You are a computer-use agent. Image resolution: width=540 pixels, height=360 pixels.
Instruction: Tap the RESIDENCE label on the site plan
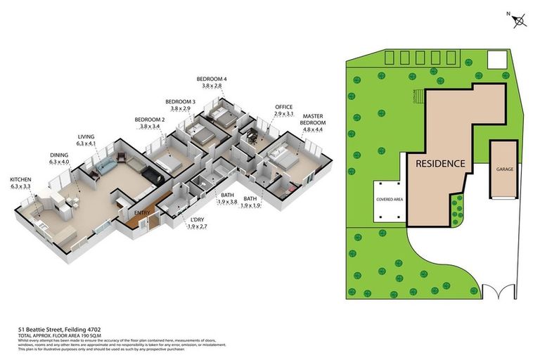tap(440, 163)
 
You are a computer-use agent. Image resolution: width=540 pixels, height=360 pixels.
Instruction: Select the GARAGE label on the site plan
tap(505, 169)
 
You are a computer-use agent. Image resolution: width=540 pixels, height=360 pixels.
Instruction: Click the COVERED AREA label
tap(389, 200)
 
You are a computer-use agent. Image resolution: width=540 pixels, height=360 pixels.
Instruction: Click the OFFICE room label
tap(283, 107)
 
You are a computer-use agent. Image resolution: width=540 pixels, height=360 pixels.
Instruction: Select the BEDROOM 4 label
tap(212, 78)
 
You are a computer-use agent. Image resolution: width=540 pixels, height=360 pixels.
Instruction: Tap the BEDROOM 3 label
tap(180, 101)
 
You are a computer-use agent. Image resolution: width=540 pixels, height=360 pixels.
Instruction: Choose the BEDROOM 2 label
tap(150, 120)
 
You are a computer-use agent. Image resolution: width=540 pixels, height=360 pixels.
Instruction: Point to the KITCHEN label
tap(20, 179)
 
